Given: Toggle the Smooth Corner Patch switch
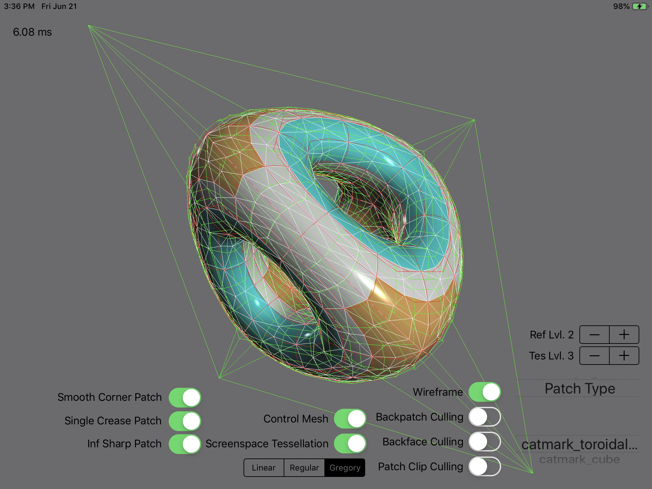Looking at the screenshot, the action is [185, 397].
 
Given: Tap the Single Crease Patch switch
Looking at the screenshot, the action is [185, 421].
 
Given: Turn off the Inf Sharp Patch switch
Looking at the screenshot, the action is [185, 444].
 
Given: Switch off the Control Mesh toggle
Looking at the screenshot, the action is [350, 419].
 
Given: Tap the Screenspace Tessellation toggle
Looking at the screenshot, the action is [350, 443].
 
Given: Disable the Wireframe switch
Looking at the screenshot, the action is [485, 392].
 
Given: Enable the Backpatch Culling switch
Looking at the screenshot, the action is [485, 417].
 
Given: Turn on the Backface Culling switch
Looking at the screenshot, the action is [485, 442].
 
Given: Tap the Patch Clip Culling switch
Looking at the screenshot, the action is [485, 466].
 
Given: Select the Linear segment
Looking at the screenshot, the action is [264, 468].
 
